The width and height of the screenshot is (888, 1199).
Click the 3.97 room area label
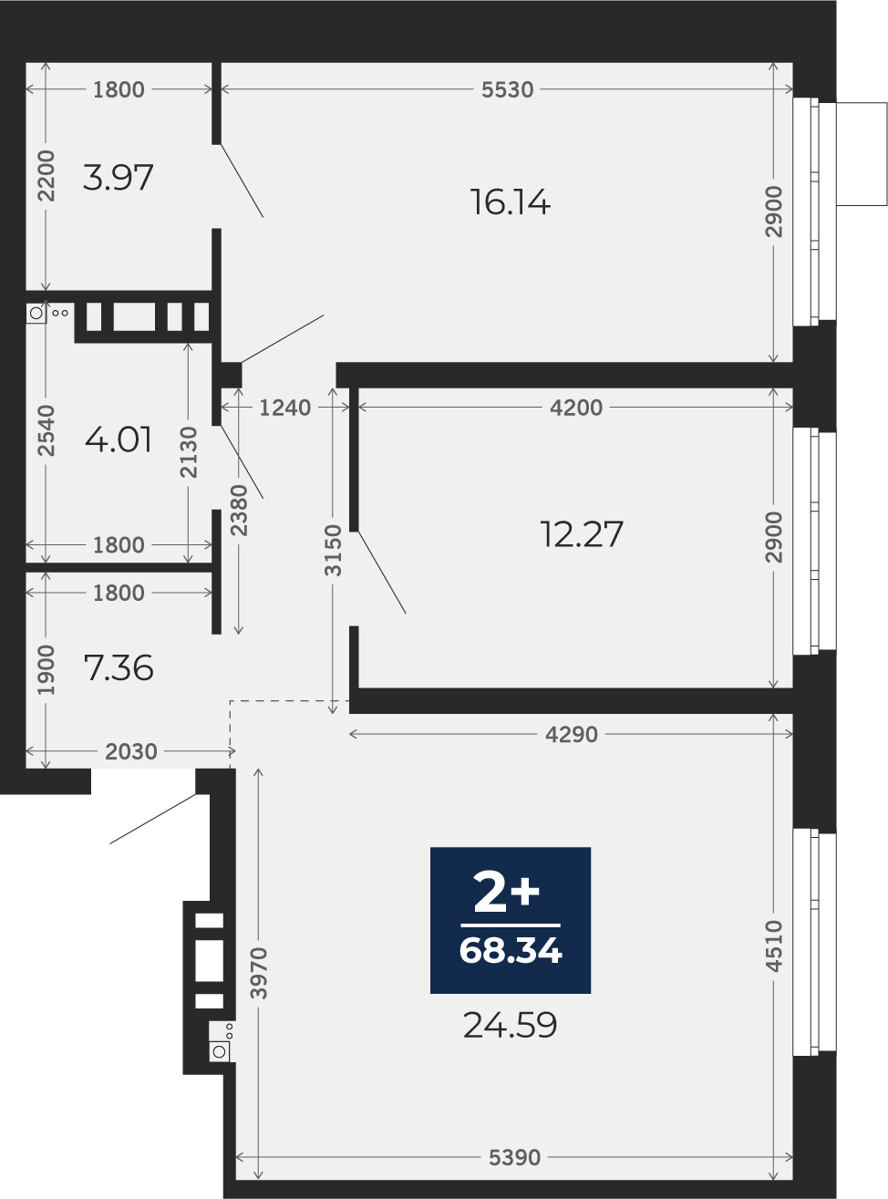(x=119, y=178)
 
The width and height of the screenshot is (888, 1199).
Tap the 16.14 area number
(x=511, y=202)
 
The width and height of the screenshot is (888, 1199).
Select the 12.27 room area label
(x=582, y=534)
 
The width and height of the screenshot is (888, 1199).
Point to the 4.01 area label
(x=119, y=439)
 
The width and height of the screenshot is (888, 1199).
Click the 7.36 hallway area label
(x=119, y=667)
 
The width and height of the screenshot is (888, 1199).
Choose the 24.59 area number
(x=510, y=1026)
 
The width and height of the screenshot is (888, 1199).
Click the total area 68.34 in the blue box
(x=511, y=951)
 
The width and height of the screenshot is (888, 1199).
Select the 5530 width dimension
(x=508, y=89)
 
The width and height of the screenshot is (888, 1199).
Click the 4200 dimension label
(x=576, y=408)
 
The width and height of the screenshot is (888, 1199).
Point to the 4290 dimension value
(x=572, y=735)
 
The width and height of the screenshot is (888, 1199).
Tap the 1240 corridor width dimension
(x=284, y=408)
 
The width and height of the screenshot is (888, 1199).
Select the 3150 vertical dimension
(x=334, y=550)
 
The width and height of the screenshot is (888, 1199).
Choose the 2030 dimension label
(x=130, y=751)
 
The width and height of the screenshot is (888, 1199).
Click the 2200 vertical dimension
(x=46, y=176)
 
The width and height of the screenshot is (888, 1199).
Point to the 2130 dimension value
(x=189, y=452)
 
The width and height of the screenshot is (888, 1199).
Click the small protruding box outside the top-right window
(x=862, y=154)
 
